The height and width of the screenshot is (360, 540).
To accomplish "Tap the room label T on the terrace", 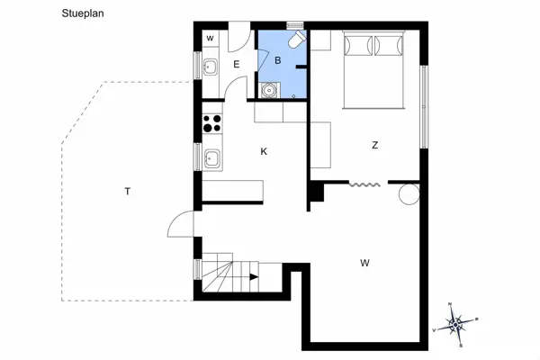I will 129,191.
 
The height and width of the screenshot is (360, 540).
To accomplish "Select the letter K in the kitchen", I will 264,151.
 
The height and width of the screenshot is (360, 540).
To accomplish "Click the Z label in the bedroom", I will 374,145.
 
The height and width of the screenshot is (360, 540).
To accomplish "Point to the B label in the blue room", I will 278,60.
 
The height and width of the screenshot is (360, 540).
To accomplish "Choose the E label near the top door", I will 237,65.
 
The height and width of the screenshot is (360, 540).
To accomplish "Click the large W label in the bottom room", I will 364,263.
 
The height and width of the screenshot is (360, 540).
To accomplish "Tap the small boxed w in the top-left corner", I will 210,39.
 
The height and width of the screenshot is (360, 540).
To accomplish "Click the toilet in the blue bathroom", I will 295,40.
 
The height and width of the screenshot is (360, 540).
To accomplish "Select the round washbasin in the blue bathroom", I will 269,90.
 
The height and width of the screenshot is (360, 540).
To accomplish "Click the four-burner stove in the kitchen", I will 212,123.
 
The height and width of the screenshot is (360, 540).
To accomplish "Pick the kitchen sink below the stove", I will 213,158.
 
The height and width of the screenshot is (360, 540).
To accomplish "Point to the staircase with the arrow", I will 229,274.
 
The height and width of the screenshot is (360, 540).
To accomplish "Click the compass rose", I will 456,320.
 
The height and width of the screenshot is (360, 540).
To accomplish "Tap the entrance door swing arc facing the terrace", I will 180,223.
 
